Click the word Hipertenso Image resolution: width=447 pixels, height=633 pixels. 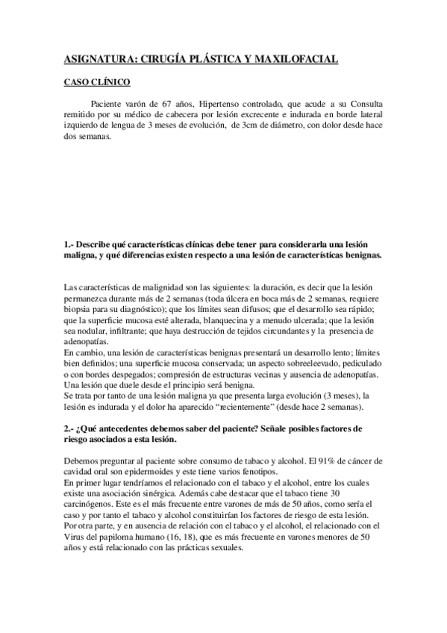[220, 104]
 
